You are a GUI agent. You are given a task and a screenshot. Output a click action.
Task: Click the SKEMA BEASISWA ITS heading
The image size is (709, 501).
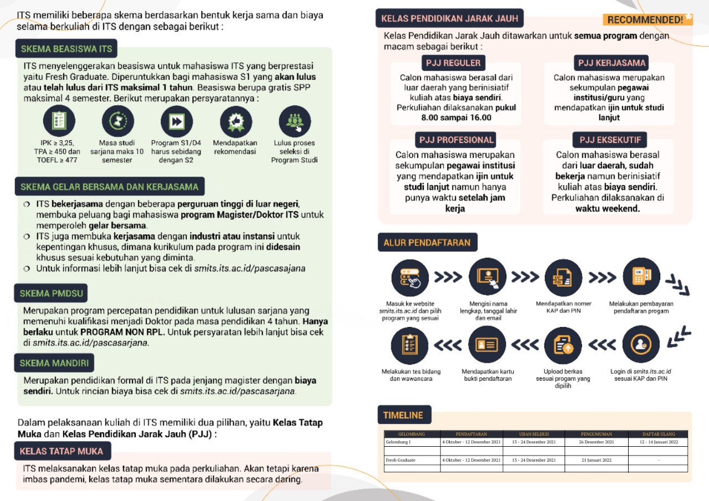click(x=66, y=49)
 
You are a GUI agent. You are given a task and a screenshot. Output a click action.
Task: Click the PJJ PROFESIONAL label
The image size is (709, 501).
click(x=455, y=140)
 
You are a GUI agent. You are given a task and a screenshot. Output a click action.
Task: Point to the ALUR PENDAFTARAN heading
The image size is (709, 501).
click(x=427, y=242)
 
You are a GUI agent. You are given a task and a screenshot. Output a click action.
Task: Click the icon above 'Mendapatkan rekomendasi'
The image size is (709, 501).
click(x=236, y=121)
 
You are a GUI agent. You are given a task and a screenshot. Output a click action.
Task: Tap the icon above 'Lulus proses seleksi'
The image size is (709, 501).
click(x=295, y=121)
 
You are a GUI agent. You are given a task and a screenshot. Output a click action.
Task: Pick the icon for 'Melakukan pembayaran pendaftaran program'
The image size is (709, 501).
click(x=641, y=276)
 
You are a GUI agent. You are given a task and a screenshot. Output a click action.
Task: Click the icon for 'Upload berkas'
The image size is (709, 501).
click(x=563, y=344)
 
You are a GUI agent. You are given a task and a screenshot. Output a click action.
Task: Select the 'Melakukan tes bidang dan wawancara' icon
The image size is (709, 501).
click(x=410, y=344)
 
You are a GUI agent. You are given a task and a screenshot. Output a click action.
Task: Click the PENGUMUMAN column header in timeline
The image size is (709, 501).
click(x=597, y=434)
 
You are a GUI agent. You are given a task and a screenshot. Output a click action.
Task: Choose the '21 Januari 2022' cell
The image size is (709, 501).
click(x=597, y=460)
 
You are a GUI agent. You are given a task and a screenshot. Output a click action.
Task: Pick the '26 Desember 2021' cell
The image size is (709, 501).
click(x=597, y=442)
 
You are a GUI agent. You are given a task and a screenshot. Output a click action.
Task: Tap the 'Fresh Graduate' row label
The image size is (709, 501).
click(x=400, y=460)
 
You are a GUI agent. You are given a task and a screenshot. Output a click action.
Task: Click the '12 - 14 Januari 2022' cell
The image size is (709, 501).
click(x=658, y=442)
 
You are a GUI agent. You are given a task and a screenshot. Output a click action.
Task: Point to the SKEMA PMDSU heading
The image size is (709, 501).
click(x=51, y=293)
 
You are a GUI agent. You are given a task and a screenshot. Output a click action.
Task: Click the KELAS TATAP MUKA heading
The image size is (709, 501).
click(x=62, y=451)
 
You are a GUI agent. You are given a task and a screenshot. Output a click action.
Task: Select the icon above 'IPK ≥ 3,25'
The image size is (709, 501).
click(x=59, y=121)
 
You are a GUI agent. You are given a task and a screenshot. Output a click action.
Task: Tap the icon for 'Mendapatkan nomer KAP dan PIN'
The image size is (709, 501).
click(x=563, y=276)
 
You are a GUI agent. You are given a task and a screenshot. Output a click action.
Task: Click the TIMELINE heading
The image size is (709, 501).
click(x=403, y=415)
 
